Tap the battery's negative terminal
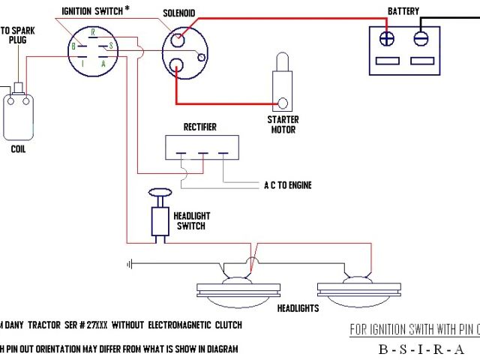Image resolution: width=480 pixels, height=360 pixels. coord(420,36)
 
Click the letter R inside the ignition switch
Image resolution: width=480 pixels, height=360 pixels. coord(91,31)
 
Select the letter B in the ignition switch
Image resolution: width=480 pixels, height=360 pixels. coord(73,46)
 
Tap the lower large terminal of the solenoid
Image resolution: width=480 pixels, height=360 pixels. coord(177,65)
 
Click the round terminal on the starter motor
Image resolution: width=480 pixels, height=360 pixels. coord(283,103)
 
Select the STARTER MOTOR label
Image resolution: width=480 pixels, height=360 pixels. coord(283,124)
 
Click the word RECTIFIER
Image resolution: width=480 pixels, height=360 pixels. coord(200,127)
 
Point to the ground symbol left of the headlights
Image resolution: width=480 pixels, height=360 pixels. coord(130,263)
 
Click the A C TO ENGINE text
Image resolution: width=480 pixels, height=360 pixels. coord(287,185)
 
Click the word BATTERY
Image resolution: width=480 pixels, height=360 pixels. coord(403,11)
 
